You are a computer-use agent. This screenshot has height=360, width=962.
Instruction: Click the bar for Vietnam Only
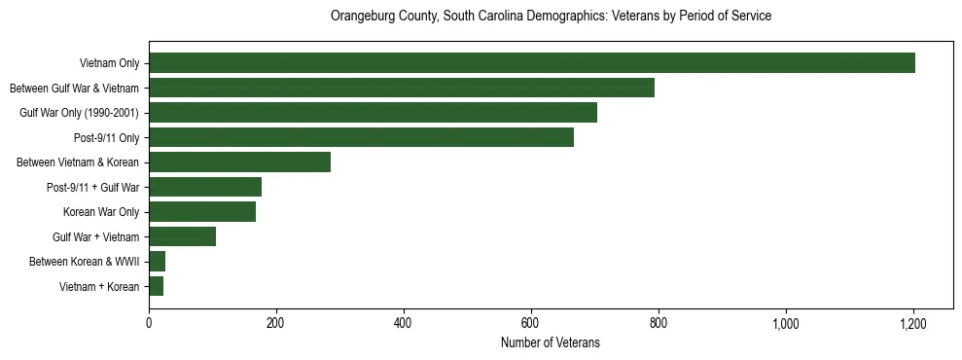coord(532,63)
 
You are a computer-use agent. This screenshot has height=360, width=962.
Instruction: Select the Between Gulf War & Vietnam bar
coord(402,88)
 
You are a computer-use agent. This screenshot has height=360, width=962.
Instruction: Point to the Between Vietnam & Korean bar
coord(239,162)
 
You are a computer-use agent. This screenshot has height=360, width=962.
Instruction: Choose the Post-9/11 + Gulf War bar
coord(205,187)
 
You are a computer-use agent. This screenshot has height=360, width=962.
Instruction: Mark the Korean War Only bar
coord(202,211)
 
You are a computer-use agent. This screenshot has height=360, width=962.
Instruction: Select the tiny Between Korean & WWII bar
coord(157,261)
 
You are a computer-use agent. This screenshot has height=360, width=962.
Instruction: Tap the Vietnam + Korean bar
coord(156,286)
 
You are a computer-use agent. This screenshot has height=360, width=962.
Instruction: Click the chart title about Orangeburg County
coord(551,17)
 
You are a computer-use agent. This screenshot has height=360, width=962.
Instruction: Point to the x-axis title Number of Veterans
coord(551,342)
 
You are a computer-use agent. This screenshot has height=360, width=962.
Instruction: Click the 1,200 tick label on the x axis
coord(912,323)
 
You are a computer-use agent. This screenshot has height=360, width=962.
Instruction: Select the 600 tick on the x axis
coord(530,323)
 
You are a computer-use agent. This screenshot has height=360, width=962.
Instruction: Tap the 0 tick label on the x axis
coord(149,323)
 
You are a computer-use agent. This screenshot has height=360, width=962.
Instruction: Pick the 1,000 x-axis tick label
coord(785,323)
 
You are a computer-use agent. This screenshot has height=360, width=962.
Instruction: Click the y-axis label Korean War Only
coord(101,211)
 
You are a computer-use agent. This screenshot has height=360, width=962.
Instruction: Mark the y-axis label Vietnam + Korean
coord(99,286)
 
